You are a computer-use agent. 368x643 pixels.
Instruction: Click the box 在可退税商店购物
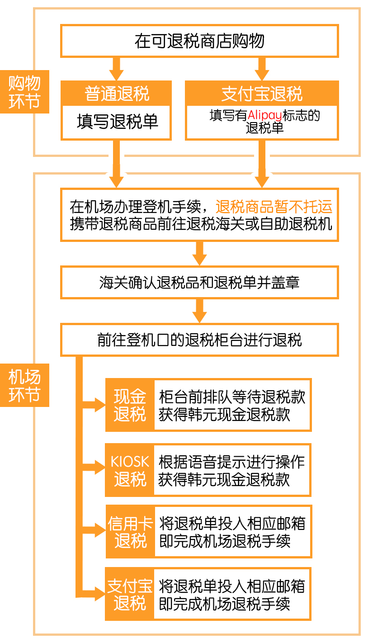199,41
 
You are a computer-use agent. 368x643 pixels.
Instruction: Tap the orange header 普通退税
116,94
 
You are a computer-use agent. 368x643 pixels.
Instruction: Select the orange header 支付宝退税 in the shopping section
262,94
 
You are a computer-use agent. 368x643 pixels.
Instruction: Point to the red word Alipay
264,116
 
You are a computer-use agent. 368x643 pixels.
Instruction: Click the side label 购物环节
24,92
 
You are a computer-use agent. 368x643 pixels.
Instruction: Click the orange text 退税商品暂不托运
274,207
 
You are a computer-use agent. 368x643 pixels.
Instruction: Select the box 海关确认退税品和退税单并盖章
199,283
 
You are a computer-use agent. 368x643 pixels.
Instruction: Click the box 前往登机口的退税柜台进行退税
199,340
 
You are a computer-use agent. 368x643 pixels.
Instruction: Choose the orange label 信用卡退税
130,532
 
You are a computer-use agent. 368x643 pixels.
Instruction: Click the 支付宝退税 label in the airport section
130,594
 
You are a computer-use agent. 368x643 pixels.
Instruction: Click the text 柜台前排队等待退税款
232,397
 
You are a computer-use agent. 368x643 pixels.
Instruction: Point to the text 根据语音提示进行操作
231,462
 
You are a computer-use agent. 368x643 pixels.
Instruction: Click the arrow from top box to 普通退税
116,69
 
